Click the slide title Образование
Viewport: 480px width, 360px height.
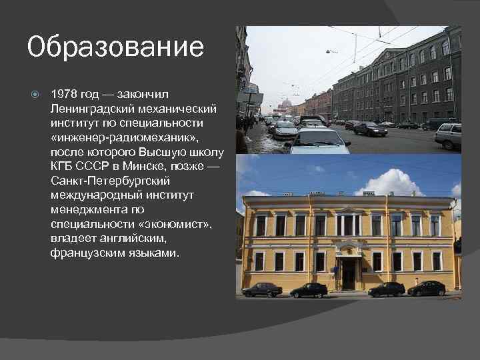click(x=115, y=47)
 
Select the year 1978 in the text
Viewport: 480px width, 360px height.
click(x=63, y=94)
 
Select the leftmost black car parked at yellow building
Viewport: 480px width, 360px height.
click(x=262, y=289)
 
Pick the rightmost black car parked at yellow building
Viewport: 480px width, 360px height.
click(x=427, y=288)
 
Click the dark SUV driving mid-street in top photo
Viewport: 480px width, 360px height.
click(x=371, y=129)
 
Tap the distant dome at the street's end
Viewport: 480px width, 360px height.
click(x=287, y=103)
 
